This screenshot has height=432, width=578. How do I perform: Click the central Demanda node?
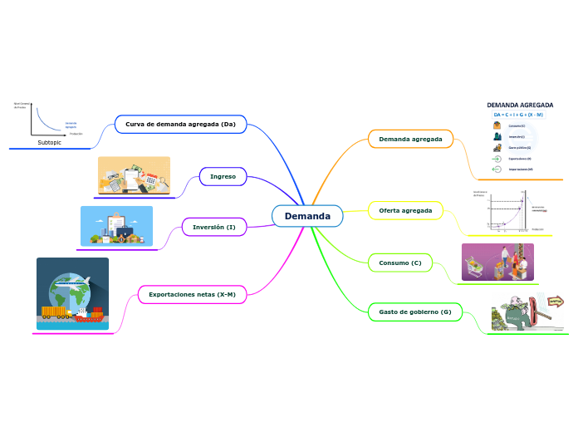pyautogui.click(x=307, y=216)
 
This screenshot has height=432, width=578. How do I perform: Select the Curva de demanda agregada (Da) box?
pyautogui.click(x=180, y=125)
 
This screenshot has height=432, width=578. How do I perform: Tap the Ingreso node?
pyautogui.click(x=223, y=176)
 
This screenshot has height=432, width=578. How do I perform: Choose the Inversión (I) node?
pyautogui.click(x=213, y=227)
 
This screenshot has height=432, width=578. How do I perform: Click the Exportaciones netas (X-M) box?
pyautogui.click(x=192, y=295)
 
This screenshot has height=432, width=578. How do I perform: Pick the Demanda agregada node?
pyautogui.click(x=410, y=139)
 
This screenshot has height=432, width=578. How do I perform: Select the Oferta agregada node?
pyautogui.click(x=405, y=211)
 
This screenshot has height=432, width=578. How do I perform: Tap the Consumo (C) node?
pyautogui.click(x=399, y=263)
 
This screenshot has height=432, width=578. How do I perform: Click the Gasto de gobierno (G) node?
pyautogui.click(x=414, y=312)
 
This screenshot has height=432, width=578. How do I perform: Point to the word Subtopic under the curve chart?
pyautogui.click(x=50, y=142)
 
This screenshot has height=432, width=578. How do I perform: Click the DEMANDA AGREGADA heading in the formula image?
pyautogui.click(x=520, y=106)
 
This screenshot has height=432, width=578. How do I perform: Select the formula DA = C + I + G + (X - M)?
pyautogui.click(x=518, y=115)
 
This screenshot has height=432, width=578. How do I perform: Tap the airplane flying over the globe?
pyautogui.click(x=76, y=282)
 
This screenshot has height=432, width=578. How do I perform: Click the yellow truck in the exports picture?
pyautogui.click(x=55, y=312)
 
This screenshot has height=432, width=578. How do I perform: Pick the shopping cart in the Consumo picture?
pyautogui.click(x=478, y=265)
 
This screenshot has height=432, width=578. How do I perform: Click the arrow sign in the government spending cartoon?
pyautogui.click(x=555, y=302)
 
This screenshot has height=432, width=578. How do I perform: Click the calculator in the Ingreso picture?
pyautogui.click(x=151, y=179)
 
